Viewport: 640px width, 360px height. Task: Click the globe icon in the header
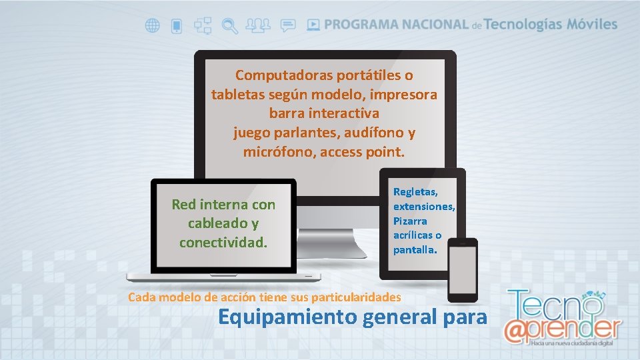click(x=153, y=26)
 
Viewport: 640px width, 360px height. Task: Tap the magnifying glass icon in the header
click(x=229, y=26)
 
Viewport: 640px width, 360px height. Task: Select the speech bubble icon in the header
click(x=288, y=26)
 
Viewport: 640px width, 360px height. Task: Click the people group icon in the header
click(x=258, y=26)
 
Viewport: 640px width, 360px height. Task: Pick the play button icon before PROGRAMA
click(x=313, y=25)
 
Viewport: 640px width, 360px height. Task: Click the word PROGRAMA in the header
click(x=361, y=25)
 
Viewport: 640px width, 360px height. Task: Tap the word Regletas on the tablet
click(x=415, y=192)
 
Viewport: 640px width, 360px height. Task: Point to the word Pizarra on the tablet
click(x=410, y=221)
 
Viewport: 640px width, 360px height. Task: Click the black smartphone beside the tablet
click(x=463, y=269)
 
